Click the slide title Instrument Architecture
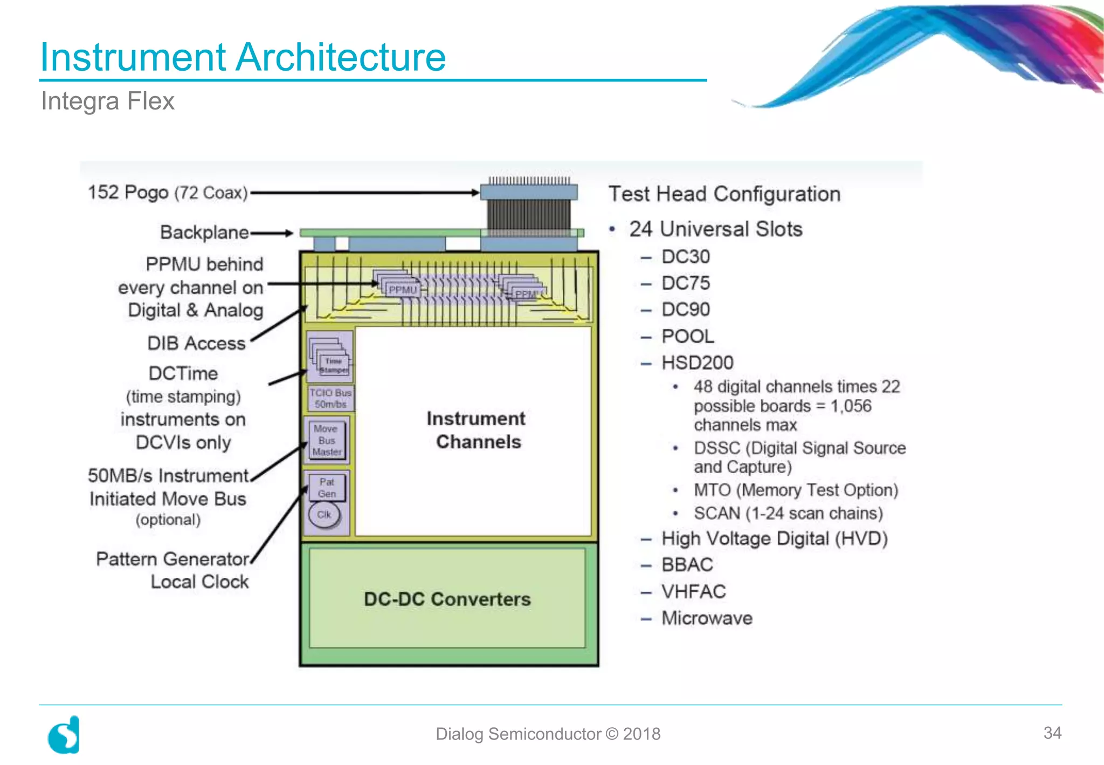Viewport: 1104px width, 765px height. pos(243,57)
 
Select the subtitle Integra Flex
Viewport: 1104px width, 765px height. pos(108,101)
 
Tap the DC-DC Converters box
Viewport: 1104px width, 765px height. pos(447,599)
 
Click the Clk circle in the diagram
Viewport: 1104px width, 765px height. pos(324,515)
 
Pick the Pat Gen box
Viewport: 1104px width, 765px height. pos(327,487)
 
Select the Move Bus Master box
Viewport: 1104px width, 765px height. pos(327,440)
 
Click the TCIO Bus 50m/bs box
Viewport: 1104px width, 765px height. pos(330,399)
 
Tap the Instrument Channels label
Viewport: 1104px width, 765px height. pos(477,430)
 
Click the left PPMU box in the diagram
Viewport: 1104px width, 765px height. pos(402,289)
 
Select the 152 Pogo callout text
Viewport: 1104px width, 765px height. pos(168,193)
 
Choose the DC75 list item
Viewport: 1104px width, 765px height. pos(685,283)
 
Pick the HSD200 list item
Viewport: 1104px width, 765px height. pos(697,363)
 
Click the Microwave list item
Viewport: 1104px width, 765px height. pos(707,618)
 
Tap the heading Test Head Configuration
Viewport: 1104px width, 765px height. pos(724,194)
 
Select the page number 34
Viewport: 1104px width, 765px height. pos(1052,733)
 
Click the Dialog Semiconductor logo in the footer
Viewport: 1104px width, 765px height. pos(64,735)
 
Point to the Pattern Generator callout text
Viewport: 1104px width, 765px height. pos(172,559)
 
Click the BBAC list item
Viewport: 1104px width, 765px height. pos(687,565)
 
